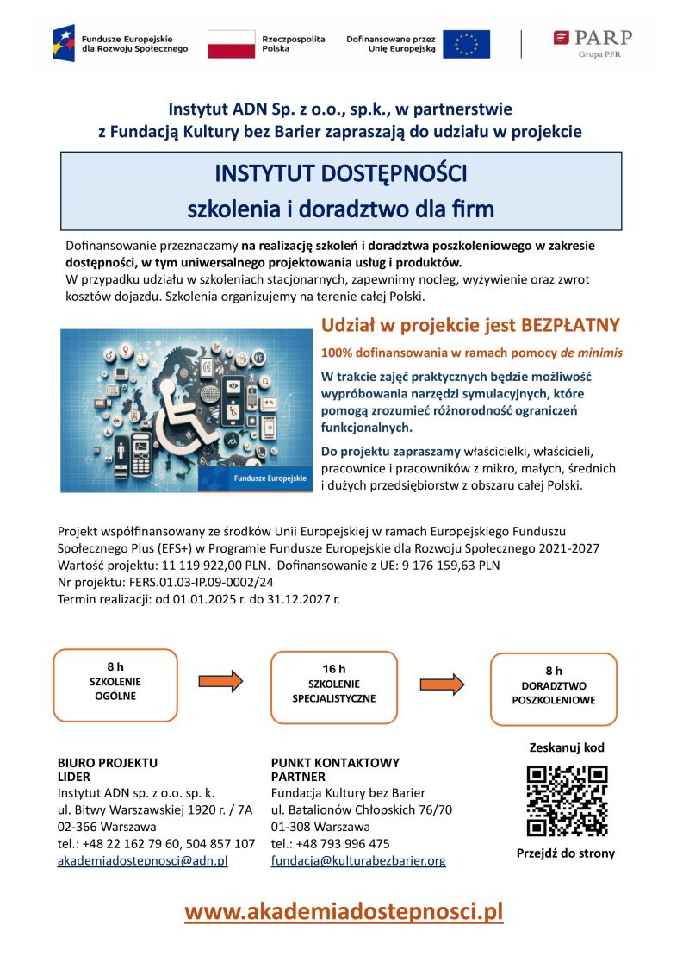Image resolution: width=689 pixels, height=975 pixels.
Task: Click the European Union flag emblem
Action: tap(466, 44)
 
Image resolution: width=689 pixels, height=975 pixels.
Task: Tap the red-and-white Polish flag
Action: tap(231, 44)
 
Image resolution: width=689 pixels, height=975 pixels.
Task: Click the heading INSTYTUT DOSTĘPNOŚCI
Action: tap(340, 174)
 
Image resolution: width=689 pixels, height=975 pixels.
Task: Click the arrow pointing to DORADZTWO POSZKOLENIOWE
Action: tap(442, 684)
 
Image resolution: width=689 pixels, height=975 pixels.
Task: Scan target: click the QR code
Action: tap(567, 801)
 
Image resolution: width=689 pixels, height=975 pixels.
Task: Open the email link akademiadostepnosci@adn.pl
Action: tap(142, 860)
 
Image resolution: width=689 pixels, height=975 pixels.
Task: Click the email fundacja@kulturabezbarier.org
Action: tap(358, 860)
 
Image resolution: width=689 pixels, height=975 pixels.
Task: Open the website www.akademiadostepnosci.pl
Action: tap(344, 911)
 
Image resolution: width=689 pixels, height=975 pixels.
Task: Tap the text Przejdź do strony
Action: tap(566, 853)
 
